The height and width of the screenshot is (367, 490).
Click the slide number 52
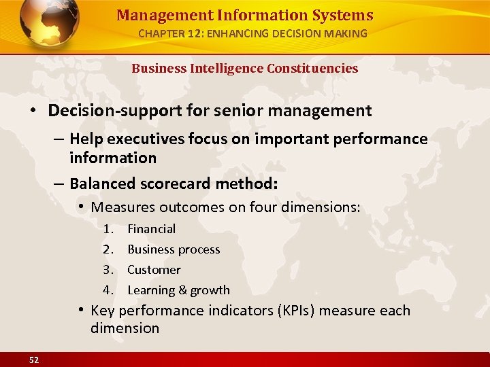click(x=34, y=360)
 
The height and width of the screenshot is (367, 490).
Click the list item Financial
click(x=151, y=229)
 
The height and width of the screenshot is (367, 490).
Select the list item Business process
click(x=174, y=249)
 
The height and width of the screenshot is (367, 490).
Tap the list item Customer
click(x=154, y=270)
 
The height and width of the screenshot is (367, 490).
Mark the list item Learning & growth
click(x=178, y=290)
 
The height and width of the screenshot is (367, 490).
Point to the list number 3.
click(x=108, y=270)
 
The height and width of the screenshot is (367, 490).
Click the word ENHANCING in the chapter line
click(x=244, y=33)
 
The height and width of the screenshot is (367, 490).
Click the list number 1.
click(x=108, y=229)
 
